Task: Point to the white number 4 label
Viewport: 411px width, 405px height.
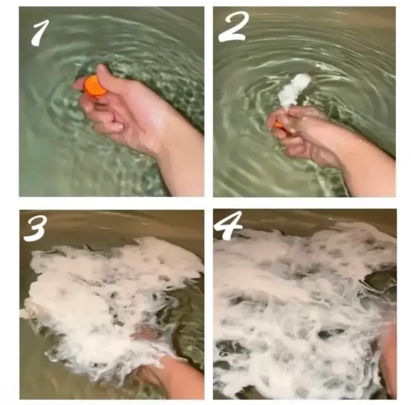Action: pyautogui.click(x=228, y=225)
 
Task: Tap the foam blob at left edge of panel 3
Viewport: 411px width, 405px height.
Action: pyautogui.click(x=25, y=311)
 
